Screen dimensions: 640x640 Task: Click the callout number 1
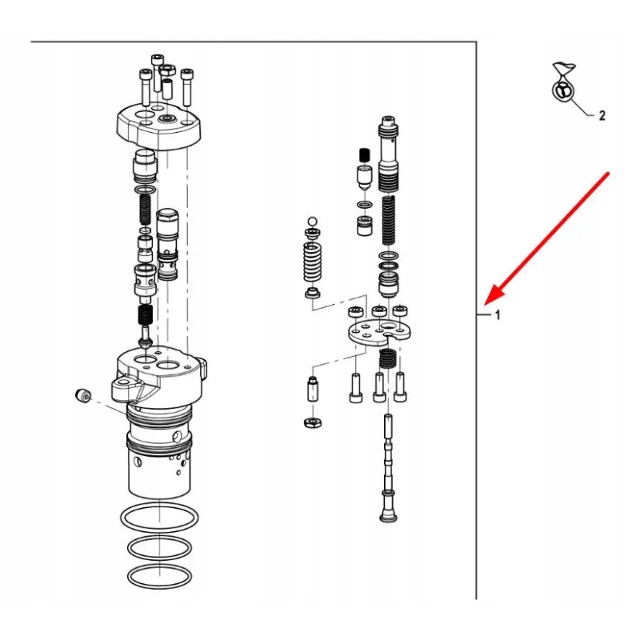click(x=497, y=315)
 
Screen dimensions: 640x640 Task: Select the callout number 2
click(x=602, y=115)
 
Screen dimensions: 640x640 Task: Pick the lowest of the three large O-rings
click(x=160, y=576)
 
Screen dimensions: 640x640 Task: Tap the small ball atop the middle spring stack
click(x=310, y=221)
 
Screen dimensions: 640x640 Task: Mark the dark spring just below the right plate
click(x=386, y=359)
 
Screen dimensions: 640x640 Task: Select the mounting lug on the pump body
click(x=128, y=390)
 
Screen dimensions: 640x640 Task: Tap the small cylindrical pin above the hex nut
click(x=313, y=390)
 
